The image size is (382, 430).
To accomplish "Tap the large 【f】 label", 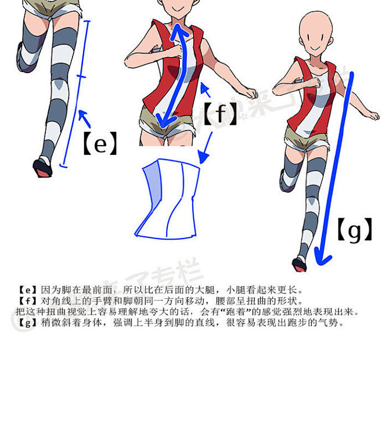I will (x=220, y=114).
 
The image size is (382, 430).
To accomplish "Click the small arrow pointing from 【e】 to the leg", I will (x=85, y=119).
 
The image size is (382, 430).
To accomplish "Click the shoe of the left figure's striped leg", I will (x=43, y=167).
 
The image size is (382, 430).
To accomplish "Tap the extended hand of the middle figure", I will (x=251, y=93).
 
